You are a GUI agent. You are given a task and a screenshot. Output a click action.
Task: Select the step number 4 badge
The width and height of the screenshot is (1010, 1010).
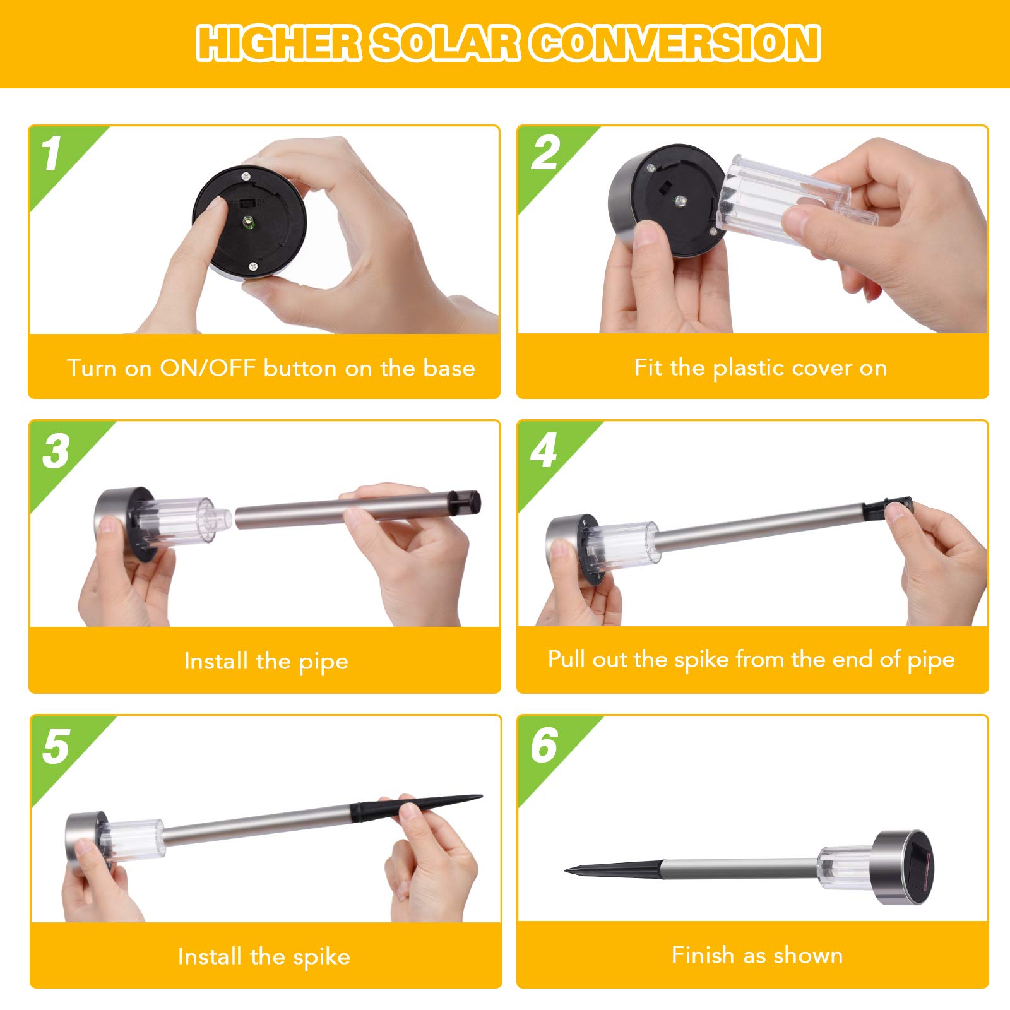tap(544, 451)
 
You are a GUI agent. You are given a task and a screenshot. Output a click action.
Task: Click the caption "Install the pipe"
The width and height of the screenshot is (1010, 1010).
tap(266, 662)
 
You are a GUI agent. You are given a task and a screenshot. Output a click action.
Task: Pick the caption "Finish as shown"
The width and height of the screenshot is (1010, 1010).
tap(757, 955)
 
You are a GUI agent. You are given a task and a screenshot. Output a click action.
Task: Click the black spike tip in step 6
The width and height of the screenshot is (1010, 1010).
tap(567, 870)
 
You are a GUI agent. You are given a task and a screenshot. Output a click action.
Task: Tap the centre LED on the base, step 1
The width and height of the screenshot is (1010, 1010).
tap(249, 221)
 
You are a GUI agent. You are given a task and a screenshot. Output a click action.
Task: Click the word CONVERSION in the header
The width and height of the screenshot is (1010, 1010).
tap(675, 44)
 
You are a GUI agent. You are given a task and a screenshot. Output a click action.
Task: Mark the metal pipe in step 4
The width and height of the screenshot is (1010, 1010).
tap(761, 526)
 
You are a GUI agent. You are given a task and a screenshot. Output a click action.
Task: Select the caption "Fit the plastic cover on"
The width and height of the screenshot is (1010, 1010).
tap(761, 367)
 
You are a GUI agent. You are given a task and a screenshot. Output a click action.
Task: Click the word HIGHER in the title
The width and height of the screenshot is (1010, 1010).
tap(278, 44)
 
